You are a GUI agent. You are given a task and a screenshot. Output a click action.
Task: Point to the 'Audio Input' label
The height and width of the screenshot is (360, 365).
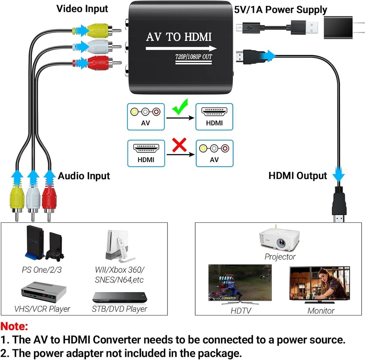click(84, 176)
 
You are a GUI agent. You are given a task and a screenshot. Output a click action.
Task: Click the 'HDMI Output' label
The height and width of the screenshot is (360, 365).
click(297, 176)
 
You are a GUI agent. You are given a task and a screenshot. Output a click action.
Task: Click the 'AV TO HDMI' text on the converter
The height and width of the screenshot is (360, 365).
click(179, 37)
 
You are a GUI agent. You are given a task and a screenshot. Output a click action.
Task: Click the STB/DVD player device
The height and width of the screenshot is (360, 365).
click(119, 296)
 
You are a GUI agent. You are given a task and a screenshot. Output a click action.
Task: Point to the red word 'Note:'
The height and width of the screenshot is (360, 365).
click(15, 326)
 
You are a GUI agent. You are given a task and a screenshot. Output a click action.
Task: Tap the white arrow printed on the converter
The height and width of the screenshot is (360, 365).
click(181, 48)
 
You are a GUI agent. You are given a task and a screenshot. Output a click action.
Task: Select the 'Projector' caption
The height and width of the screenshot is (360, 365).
click(280, 257)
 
